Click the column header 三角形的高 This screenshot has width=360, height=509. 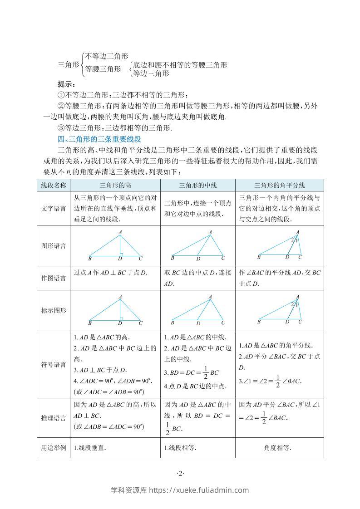(x=115, y=185)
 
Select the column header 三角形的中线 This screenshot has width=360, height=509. (x=198, y=185)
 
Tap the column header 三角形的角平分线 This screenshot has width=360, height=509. (x=280, y=185)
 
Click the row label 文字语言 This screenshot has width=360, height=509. (x=54, y=209)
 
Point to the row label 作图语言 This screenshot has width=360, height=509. (x=54, y=278)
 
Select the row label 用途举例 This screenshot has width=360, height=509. (x=54, y=448)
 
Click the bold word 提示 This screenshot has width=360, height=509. (x=67, y=84)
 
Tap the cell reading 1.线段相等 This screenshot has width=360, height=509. (x=180, y=448)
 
